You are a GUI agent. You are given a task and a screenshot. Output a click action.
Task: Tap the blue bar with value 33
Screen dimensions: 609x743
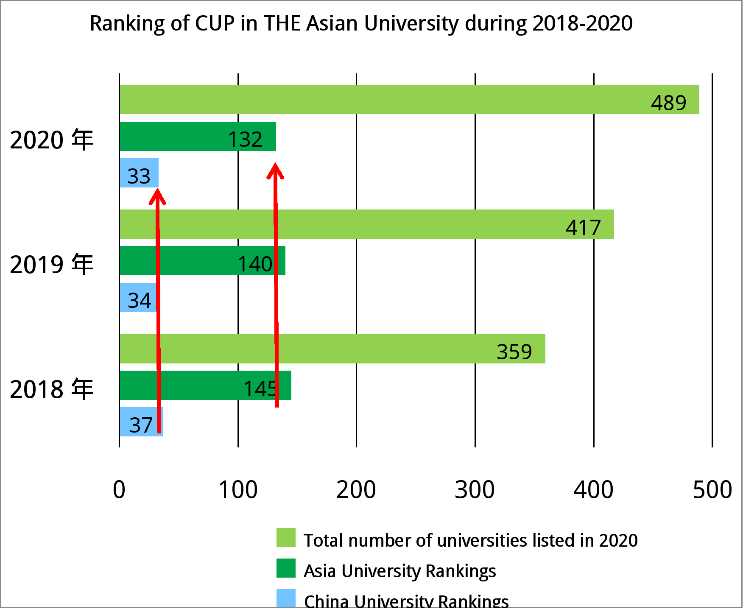(x=139, y=173)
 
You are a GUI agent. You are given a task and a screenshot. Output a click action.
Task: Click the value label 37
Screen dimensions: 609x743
(x=141, y=425)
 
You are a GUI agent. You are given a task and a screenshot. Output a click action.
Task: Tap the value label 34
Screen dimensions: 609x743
(x=140, y=300)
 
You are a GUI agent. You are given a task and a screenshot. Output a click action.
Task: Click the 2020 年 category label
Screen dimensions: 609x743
(x=51, y=140)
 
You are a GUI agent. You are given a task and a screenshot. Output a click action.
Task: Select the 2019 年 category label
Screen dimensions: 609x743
(x=51, y=264)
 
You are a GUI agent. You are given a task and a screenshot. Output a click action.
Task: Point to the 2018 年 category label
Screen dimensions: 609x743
(x=51, y=389)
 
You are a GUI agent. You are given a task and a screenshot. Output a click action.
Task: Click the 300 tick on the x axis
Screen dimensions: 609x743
(x=475, y=489)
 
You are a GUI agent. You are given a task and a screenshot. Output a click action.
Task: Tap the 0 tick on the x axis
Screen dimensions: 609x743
(x=119, y=489)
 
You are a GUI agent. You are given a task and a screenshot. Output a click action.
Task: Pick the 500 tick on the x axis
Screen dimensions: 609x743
(x=712, y=489)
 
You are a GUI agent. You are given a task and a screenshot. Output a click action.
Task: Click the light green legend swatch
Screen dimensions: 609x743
(x=286, y=538)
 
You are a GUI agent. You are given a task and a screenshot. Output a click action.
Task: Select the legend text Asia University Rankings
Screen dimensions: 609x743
(x=399, y=571)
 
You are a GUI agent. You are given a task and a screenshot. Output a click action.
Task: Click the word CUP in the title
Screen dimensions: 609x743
(x=215, y=23)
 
